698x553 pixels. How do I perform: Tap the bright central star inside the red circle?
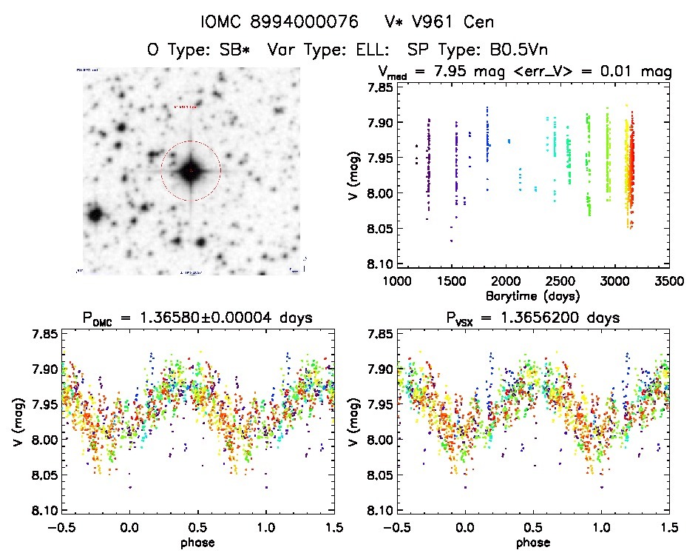coord(191,171)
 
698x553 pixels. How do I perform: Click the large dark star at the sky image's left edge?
coord(95,215)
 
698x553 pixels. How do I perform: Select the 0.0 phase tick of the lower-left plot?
coord(129,528)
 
